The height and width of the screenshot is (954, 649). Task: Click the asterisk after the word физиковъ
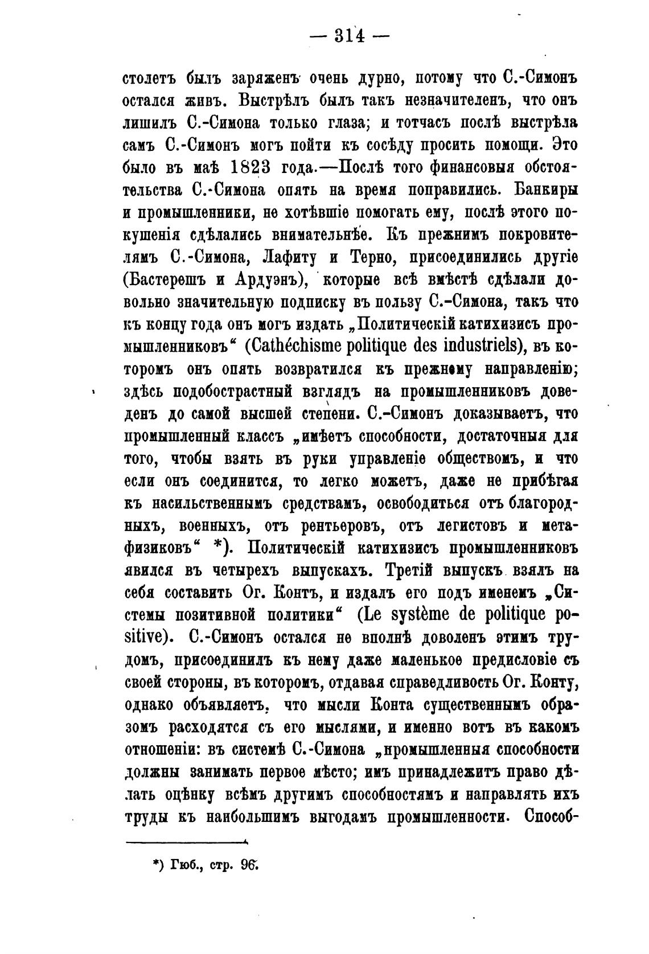pos(218,548)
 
